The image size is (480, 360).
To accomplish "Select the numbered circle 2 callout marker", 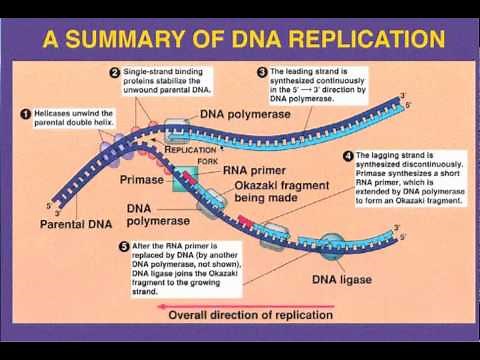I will point(115,73).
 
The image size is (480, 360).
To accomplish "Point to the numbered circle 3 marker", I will point(262,73).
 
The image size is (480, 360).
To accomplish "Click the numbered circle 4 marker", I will point(348,156).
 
